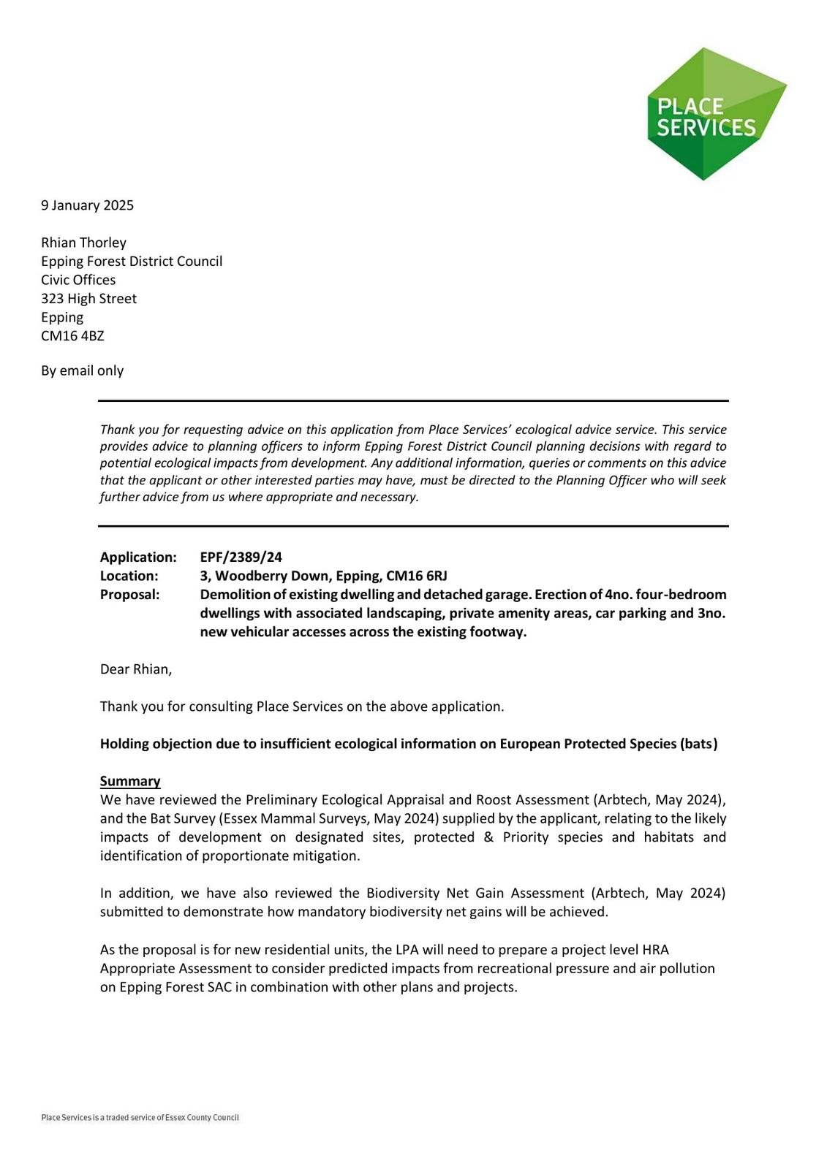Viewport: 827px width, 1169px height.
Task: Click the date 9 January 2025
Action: pyautogui.click(x=87, y=205)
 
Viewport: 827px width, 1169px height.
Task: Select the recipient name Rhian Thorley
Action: pyautogui.click(x=83, y=243)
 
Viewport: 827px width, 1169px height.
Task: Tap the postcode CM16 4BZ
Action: pyautogui.click(x=72, y=336)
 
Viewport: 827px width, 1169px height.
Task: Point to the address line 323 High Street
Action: pyautogui.click(x=88, y=299)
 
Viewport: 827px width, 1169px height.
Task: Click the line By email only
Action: pyautogui.click(x=82, y=370)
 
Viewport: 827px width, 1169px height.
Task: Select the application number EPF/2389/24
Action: pyautogui.click(x=241, y=557)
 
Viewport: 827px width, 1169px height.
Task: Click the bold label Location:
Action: pyautogui.click(x=129, y=576)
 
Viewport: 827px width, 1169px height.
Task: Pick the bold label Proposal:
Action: pyautogui.click(x=129, y=595)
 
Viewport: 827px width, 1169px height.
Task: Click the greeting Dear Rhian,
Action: pyautogui.click(x=136, y=669)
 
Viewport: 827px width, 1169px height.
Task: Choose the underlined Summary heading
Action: pyautogui.click(x=130, y=781)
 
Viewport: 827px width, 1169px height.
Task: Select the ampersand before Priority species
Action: pyautogui.click(x=488, y=837)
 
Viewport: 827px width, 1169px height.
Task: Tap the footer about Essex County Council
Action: pyautogui.click(x=140, y=1117)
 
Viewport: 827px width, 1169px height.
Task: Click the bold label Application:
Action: pyautogui.click(x=138, y=557)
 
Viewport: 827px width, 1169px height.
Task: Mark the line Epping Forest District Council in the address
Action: pyautogui.click(x=132, y=262)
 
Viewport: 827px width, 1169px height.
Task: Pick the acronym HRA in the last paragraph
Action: pyautogui.click(x=655, y=950)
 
